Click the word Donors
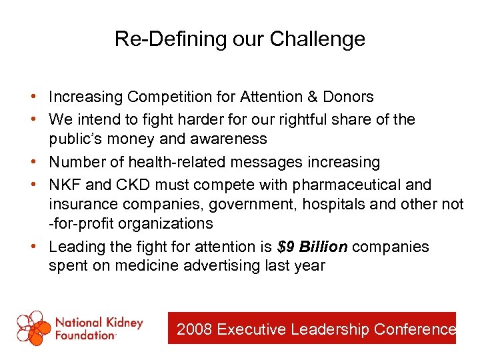348,97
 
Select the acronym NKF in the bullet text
63,185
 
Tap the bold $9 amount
286,247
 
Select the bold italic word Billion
323,247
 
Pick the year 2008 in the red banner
195,329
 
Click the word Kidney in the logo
124,323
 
